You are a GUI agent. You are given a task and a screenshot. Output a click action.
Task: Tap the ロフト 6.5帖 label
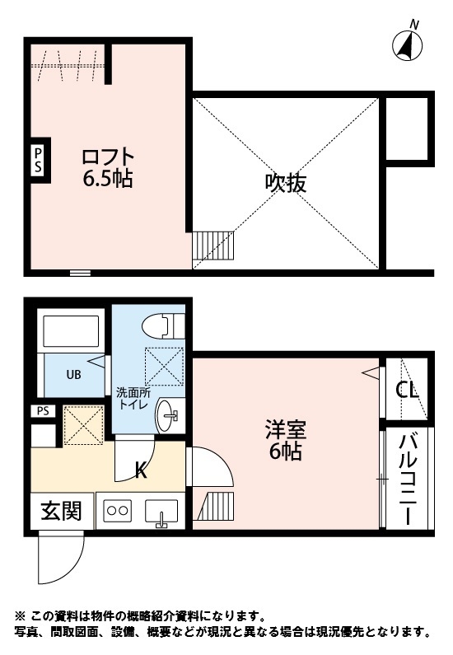[107, 167]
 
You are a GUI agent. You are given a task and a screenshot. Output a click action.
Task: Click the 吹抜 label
[286, 182]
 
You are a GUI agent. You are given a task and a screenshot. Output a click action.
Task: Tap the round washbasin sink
[170, 414]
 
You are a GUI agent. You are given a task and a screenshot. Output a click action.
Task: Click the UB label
[73, 373]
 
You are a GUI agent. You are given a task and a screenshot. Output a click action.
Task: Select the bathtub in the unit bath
[72, 330]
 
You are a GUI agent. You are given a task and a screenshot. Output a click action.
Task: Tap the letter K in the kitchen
[141, 470]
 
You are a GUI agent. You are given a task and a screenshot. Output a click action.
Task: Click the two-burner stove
[116, 511]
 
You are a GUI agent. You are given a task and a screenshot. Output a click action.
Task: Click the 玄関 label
[61, 511]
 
